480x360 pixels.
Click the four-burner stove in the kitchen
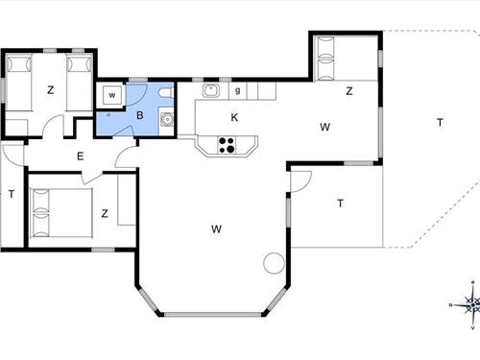tap(228, 145)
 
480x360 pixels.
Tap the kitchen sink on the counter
tap(210, 91)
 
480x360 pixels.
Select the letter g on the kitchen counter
tap(237, 91)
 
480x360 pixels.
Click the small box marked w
tap(112, 96)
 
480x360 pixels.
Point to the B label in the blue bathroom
tap(140, 115)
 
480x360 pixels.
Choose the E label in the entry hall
tap(80, 156)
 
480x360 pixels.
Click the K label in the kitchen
tap(234, 117)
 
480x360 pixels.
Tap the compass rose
tap(471, 304)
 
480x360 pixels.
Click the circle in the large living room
tap(274, 262)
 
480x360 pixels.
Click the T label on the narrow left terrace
tap(12, 193)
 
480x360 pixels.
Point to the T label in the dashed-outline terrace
tap(440, 122)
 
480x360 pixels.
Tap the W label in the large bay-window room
tap(217, 228)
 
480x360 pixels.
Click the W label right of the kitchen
tap(325, 126)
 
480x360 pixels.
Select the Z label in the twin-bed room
tap(49, 91)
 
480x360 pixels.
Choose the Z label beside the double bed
tap(104, 213)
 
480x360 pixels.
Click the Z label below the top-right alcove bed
tap(349, 91)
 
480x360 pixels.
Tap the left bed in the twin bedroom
tap(19, 76)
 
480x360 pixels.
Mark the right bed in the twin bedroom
tap(80, 76)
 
